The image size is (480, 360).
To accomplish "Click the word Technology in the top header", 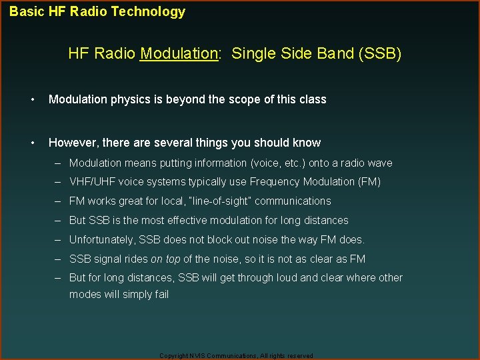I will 151,11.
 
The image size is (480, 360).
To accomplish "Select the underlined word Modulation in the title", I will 179,53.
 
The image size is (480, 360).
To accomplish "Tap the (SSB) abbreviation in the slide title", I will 379,53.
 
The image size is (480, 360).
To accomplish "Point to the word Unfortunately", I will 102,239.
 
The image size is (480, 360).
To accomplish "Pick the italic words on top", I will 165,259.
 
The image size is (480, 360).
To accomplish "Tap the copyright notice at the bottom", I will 236,356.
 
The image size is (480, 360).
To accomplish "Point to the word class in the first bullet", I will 312,99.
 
